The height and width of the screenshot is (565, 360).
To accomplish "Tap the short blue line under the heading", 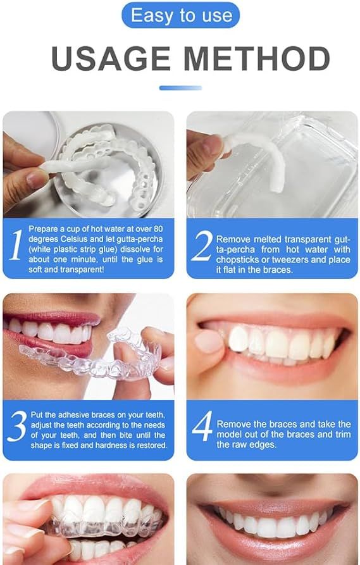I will (180, 88).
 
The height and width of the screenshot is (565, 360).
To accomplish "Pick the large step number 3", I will (17, 428).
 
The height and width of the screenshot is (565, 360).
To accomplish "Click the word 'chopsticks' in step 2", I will (239, 259).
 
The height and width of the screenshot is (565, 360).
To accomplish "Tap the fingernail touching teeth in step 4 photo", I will (208, 342).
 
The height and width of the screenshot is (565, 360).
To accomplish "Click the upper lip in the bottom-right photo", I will (272, 494).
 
